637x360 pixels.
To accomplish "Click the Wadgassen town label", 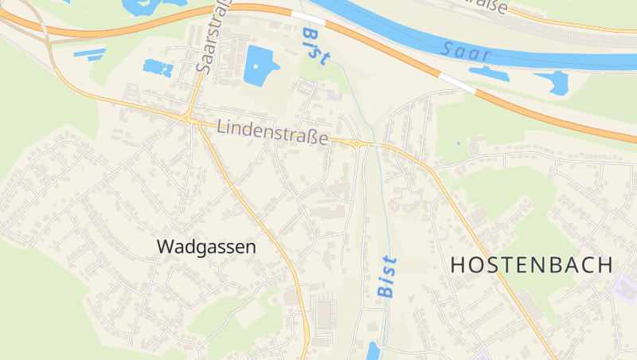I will (207, 247).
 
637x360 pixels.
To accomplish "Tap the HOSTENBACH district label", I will (532, 265).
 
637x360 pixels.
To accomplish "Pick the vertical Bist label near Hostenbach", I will (387, 276).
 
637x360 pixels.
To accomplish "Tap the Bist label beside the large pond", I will (316, 46).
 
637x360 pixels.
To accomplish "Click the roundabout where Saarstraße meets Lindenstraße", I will (186, 117).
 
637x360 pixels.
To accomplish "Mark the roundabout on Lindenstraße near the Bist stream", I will (358, 144).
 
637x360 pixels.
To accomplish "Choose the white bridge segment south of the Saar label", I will (457, 82).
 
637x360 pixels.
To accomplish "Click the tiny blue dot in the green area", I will (458, 143).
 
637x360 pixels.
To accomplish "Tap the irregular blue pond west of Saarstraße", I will (158, 68).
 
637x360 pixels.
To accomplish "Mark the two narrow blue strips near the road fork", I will (90, 55).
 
